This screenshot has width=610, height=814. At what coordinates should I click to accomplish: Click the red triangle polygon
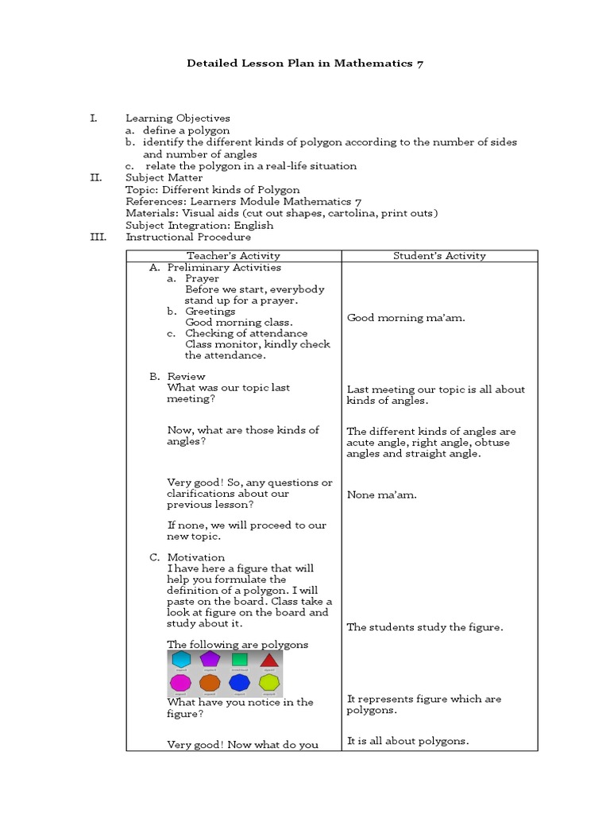269,660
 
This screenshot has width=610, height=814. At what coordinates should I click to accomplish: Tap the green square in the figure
240,660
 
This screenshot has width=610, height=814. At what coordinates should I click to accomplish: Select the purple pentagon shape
210,659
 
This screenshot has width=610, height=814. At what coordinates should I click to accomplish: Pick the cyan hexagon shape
182,659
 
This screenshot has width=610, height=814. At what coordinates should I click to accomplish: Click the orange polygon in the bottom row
210,683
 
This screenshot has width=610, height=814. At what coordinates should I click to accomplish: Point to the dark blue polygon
239,683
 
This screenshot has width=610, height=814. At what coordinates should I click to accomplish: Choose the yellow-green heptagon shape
269,683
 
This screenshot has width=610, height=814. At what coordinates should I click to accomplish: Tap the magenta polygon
181,683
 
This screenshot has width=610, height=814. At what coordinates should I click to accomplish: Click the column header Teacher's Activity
234,256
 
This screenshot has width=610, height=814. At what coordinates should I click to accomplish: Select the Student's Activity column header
439,256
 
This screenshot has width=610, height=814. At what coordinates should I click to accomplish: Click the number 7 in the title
419,64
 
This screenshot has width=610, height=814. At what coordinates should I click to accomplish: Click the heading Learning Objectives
178,118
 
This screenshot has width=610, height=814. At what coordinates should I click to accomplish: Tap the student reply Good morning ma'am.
406,318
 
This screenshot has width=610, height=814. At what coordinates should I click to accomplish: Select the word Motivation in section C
195,557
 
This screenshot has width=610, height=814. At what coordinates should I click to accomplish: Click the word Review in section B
186,377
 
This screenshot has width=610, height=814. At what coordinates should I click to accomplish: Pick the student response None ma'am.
381,495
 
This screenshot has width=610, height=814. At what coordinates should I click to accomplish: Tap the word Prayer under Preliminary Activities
202,279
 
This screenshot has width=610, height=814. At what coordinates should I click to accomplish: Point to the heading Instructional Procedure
188,237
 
